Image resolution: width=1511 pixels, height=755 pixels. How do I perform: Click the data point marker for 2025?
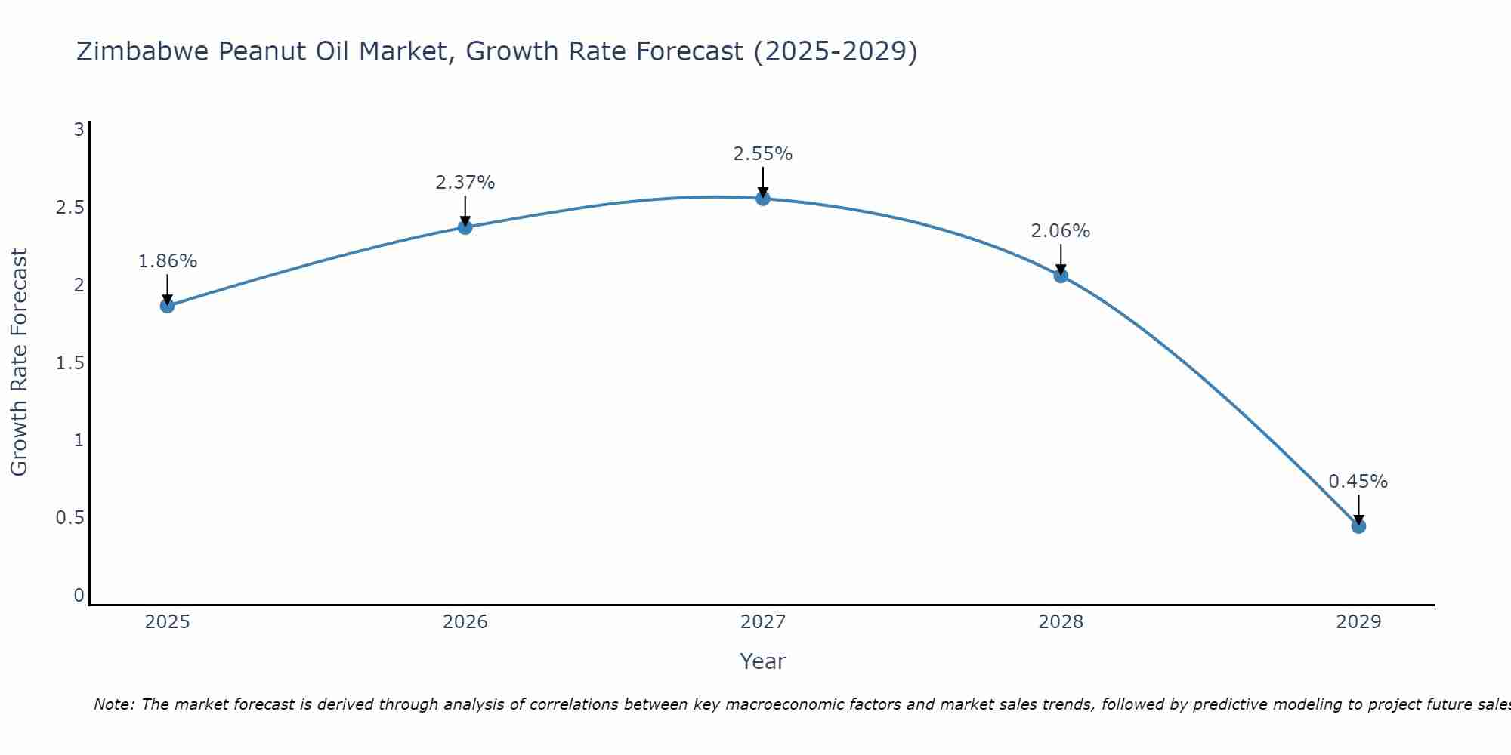tap(167, 306)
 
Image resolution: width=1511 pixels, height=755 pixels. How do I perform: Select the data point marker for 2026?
tap(465, 227)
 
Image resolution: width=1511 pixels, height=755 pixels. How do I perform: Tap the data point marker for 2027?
tap(763, 199)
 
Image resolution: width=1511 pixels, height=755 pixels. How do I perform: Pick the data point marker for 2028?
tap(1061, 276)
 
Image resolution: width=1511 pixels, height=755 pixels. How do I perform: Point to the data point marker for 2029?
tap(1358, 526)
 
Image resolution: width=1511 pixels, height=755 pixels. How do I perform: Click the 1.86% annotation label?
tap(167, 261)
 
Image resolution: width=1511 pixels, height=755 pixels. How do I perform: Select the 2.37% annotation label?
tap(465, 183)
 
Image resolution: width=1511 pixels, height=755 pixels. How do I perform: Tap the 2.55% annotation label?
tap(763, 154)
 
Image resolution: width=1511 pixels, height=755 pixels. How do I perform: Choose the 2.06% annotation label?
tap(1061, 231)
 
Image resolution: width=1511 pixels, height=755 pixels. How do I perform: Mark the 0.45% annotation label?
tap(1358, 482)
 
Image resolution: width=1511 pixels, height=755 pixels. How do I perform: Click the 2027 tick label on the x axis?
tap(763, 622)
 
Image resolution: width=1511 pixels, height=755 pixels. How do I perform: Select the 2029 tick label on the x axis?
tap(1358, 622)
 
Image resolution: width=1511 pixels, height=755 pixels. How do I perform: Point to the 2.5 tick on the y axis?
tap(70, 208)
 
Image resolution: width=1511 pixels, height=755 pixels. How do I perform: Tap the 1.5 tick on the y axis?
tap(70, 363)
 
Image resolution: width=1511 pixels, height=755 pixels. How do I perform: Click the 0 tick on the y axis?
tap(79, 596)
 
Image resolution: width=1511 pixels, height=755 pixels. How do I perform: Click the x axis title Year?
tap(763, 661)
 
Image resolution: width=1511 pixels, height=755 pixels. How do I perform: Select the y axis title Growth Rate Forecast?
tap(19, 362)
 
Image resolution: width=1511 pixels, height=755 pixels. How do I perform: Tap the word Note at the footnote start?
tap(113, 704)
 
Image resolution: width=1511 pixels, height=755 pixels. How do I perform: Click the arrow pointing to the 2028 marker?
tap(1061, 259)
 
